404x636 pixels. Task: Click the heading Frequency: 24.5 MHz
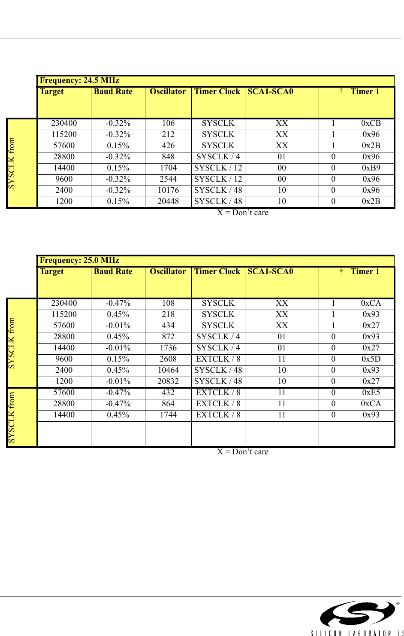79,80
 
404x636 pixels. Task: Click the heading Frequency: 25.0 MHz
79,260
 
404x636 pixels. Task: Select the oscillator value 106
168,123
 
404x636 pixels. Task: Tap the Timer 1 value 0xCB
371,123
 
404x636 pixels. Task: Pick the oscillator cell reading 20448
168,201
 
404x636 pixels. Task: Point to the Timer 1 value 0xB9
371,168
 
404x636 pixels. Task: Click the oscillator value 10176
168,190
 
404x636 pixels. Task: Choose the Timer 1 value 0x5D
371,359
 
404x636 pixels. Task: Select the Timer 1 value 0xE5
371,393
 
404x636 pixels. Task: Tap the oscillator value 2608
168,359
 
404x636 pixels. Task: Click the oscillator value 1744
168,415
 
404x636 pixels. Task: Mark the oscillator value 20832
168,381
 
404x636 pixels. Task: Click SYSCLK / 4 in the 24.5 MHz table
218,157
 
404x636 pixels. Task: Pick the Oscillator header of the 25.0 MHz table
168,271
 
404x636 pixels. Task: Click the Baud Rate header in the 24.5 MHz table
113,91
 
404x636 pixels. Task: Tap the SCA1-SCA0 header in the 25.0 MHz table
270,271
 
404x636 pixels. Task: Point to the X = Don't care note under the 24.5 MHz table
242,213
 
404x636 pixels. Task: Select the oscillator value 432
168,393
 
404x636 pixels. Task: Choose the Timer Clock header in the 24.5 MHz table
217,91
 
